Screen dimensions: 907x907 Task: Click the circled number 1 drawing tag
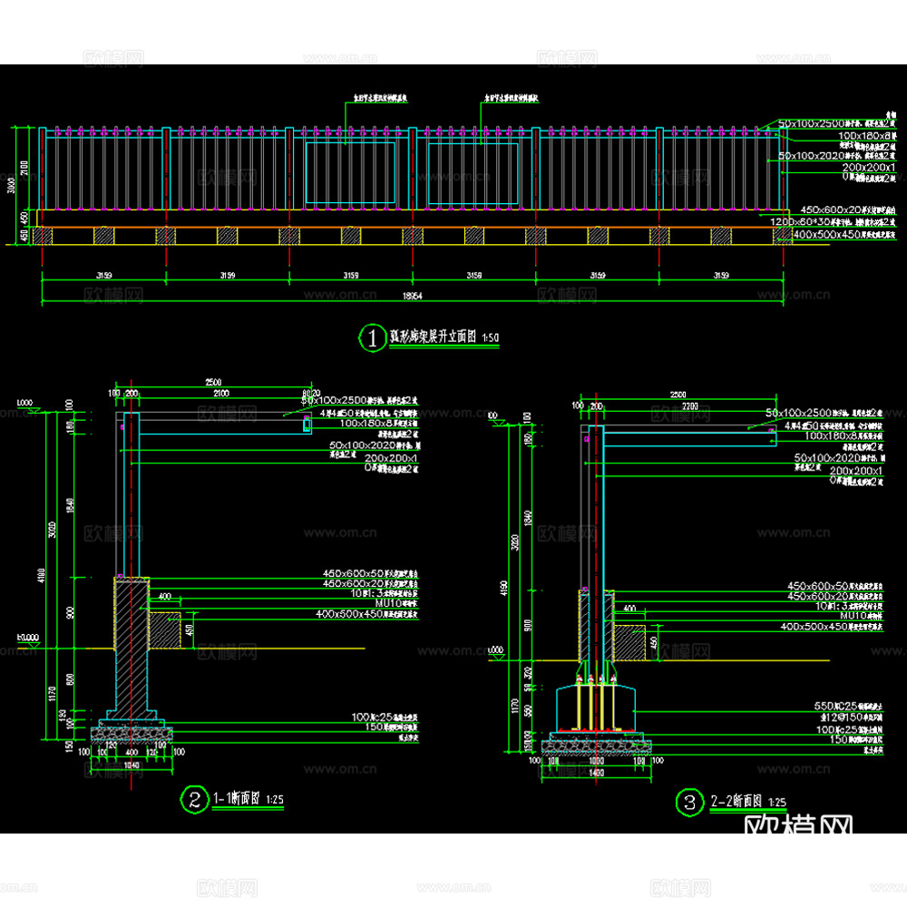[x=372, y=338]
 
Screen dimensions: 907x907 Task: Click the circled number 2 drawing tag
[x=194, y=799]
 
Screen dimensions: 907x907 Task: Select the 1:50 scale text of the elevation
[x=491, y=338]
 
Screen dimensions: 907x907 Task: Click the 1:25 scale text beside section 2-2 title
[x=777, y=803]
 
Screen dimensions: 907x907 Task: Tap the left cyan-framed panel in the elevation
[x=350, y=172]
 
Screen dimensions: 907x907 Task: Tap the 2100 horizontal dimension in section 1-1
[x=220, y=394]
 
